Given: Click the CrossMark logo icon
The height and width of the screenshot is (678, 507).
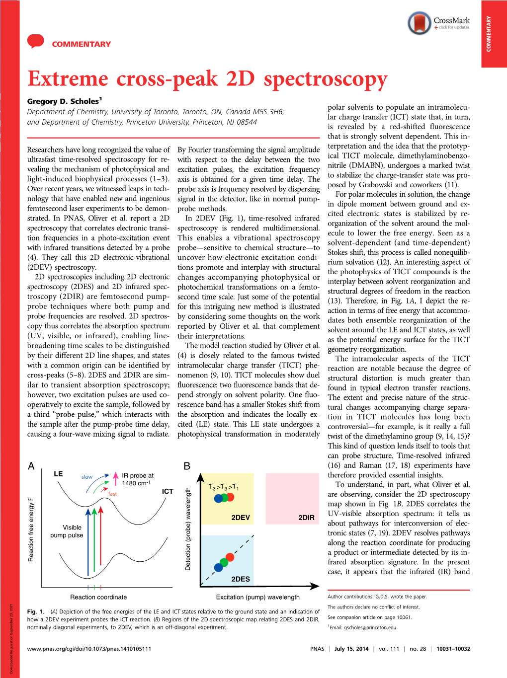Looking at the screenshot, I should tap(419, 23).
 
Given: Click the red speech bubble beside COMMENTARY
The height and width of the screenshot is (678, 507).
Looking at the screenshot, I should tap(36, 41).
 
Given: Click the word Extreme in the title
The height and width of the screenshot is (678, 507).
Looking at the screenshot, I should tap(68, 78).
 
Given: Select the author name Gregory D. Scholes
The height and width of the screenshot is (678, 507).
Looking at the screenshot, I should tap(63, 101).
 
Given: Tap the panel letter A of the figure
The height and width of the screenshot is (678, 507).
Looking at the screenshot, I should tap(31, 466).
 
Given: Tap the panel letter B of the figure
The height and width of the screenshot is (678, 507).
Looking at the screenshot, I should tap(187, 466).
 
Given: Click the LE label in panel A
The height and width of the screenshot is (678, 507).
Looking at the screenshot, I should tap(58, 474).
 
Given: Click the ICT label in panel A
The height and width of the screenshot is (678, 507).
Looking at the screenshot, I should tap(168, 491).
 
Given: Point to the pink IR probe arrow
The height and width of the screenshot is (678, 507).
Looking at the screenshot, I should tap(115, 479).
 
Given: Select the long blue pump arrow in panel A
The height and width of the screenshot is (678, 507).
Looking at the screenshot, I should tap(88, 541).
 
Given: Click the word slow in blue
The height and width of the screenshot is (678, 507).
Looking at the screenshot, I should tap(87, 477).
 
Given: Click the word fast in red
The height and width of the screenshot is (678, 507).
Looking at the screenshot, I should tap(113, 494).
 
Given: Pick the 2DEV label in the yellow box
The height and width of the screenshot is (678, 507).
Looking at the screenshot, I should tap(241, 518).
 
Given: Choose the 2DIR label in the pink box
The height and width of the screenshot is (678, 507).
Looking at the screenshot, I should tap(306, 518).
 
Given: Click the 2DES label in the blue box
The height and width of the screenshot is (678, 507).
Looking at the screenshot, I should tap(241, 579).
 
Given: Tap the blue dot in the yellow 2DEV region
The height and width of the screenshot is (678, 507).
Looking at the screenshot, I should tap(218, 498).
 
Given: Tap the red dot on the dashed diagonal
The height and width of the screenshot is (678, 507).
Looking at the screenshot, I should tap(230, 557).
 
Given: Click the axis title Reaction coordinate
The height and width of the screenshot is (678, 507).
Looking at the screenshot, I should tap(98, 597).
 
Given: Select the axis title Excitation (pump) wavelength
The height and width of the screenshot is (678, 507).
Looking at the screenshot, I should tap(257, 597).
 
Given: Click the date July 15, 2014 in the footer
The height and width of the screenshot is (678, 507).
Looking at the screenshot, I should tap(351, 649).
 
